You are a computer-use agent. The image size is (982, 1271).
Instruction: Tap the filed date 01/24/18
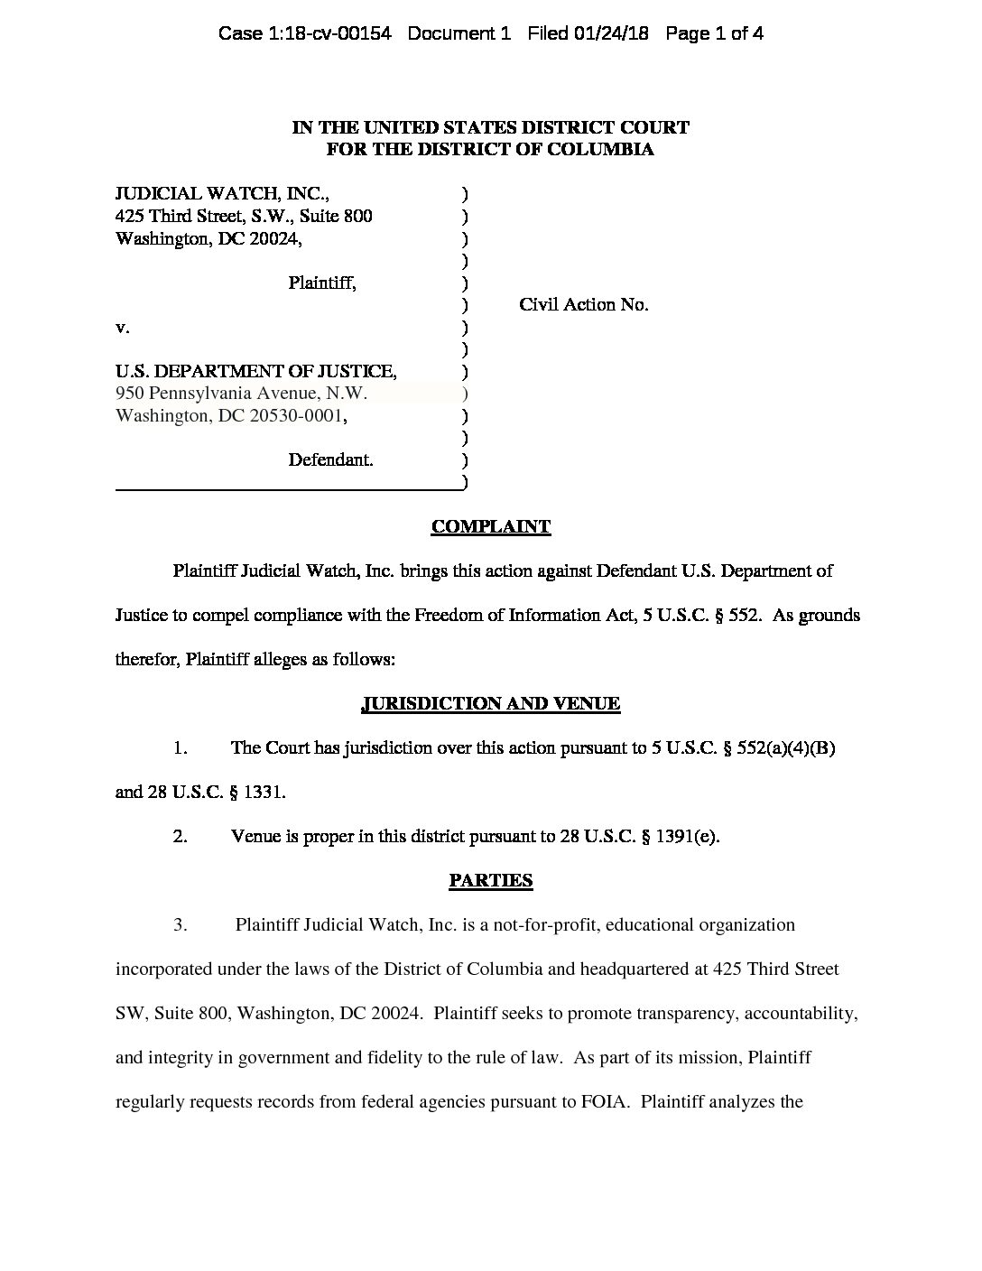pos(614,34)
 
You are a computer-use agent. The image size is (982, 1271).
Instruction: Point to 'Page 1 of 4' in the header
pos(714,34)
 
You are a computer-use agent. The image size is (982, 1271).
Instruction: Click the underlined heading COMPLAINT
pos(490,527)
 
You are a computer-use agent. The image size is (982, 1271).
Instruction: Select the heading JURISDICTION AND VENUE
pos(490,704)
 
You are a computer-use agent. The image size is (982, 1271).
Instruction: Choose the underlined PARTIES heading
pos(490,881)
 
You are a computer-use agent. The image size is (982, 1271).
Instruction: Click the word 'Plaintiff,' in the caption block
pos(322,283)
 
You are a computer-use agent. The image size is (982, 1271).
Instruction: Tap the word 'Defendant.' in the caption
pos(330,460)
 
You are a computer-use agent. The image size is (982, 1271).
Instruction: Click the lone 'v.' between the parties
pos(122,328)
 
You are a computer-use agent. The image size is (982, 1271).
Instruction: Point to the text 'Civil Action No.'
pos(583,305)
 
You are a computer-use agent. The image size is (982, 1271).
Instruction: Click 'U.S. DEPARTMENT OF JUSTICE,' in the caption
pos(256,371)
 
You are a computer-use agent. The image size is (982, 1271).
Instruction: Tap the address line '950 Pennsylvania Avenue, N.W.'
pos(242,394)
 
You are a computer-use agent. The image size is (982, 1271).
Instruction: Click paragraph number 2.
pos(181,837)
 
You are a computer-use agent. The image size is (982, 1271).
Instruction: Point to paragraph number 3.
pos(181,925)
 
